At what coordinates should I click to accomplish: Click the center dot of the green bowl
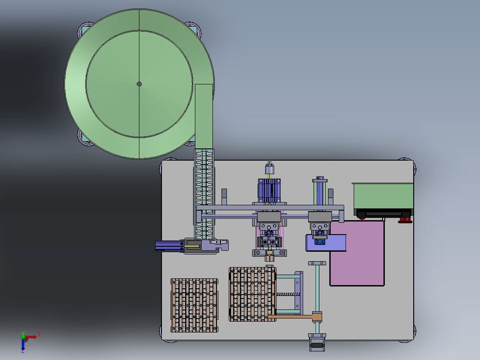pos(139,84)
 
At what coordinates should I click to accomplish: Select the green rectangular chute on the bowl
pos(204,116)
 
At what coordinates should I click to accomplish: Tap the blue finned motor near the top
pos(269,190)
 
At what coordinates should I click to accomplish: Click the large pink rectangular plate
pos(357,254)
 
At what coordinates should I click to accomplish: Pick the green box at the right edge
pos(383,196)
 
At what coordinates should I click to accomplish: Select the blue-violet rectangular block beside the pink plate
pos(326,243)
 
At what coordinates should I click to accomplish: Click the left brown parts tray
pos(194,305)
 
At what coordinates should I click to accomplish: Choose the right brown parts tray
pos(253,294)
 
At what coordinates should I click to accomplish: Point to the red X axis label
pos(39,335)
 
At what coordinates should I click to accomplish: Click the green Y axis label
pos(23,334)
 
